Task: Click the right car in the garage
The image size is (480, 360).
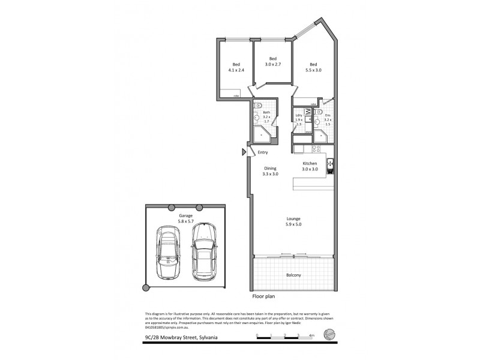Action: [203, 251]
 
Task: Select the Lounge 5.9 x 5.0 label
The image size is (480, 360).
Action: [293, 221]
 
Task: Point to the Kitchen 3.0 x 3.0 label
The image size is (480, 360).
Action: [310, 166]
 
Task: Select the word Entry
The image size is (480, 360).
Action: [263, 152]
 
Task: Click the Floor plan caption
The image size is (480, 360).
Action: [263, 296]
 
